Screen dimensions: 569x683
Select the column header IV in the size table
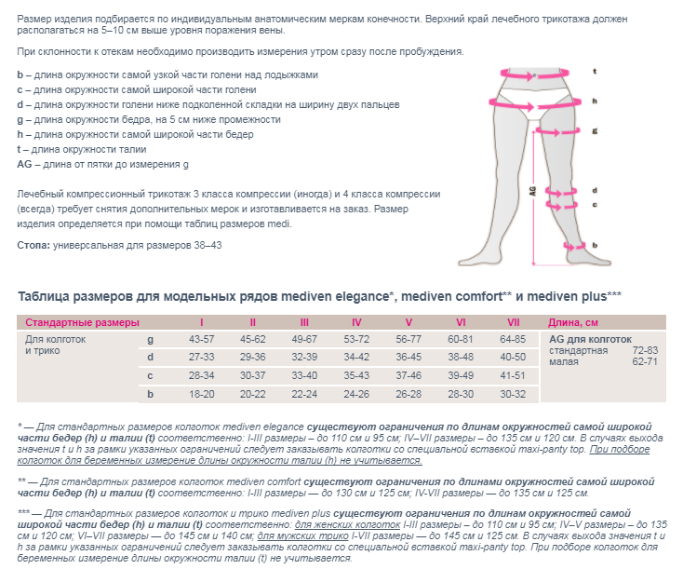coord(356,321)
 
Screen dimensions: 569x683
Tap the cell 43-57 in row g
coord(201,339)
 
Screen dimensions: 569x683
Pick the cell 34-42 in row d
coord(356,357)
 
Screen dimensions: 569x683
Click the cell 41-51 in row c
coord(513,375)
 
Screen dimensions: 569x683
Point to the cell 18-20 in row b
coord(201,394)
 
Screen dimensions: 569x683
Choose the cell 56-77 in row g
coord(408,339)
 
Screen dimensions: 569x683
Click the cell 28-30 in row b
coord(461,394)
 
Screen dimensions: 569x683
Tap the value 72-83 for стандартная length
coord(645,350)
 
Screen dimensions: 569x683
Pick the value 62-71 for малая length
coord(645,361)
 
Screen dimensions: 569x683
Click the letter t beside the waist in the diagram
coord(594,71)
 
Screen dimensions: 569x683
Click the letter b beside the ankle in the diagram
coord(594,245)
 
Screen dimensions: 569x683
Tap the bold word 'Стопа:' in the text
coord(34,245)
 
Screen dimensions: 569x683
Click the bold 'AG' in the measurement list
coord(25,165)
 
